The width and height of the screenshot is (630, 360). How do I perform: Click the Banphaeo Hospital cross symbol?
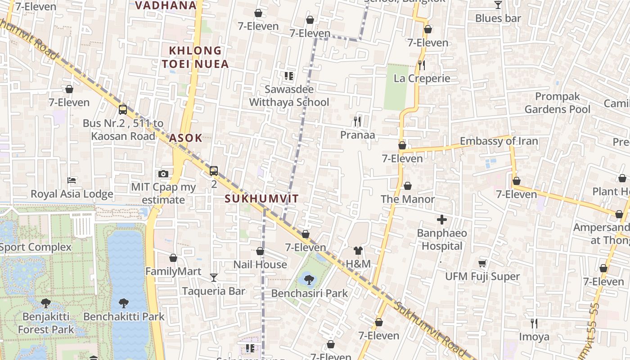point(442,220)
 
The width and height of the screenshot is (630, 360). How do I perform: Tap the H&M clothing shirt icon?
point(358,251)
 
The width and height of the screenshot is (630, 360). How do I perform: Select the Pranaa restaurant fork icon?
point(357,121)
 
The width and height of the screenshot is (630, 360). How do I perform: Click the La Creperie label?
point(422,78)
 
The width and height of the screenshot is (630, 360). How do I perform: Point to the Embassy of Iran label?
point(499,141)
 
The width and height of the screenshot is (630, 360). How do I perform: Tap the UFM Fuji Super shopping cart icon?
point(482,263)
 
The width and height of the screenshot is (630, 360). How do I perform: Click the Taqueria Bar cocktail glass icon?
point(214,278)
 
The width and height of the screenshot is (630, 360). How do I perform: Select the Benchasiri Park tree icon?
point(309,280)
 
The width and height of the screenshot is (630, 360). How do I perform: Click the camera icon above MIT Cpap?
point(163,174)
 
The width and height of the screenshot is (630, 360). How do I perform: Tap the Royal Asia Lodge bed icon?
point(72,181)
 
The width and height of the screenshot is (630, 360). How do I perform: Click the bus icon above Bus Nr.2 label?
point(122,109)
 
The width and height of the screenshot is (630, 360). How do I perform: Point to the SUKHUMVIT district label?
point(261,198)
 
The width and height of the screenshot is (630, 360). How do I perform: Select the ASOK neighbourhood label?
point(185,138)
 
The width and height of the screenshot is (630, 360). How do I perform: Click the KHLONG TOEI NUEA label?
point(196,57)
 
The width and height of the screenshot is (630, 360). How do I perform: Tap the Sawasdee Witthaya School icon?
point(288,76)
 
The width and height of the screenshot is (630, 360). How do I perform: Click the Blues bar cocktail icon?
point(498,5)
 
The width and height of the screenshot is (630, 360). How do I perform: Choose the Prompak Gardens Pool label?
point(558,103)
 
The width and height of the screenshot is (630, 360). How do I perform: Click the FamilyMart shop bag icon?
point(173,258)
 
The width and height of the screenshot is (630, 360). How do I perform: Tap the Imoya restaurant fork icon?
point(534,323)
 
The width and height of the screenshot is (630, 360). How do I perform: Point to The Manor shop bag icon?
point(408,186)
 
